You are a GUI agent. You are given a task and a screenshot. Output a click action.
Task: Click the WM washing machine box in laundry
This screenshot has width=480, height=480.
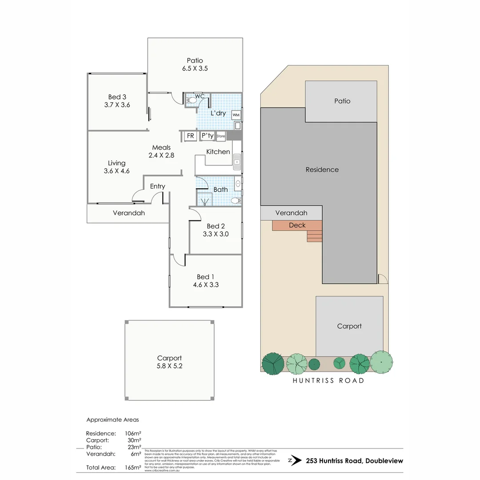pos(236,115)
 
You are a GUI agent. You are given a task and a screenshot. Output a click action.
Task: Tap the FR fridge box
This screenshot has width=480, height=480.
pos(190,136)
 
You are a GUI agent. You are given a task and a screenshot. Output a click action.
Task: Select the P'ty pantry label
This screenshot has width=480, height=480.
pos(207,136)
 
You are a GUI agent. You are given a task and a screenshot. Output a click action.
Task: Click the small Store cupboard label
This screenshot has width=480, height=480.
pos(221,136)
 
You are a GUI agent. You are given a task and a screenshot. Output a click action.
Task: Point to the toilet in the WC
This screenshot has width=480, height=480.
pos(191,101)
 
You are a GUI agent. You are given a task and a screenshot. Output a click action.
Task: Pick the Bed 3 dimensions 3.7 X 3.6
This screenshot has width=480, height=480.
pos(117,105)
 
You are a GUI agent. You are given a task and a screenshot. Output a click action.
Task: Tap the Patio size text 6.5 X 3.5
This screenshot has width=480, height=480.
pos(195,68)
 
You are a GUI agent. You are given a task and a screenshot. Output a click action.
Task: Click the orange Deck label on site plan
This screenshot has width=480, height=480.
pos(297,225)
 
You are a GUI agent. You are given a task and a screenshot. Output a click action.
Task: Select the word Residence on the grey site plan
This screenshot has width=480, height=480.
pos(322,169)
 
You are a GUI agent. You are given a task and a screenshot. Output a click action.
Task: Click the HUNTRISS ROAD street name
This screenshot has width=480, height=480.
pos(328,380)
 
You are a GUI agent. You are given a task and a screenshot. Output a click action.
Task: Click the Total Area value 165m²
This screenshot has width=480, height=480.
pos(133,468)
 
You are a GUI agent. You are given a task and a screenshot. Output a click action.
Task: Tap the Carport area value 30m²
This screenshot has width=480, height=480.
pos(134,440)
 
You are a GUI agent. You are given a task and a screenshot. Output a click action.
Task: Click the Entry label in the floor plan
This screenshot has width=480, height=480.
pos(157,186)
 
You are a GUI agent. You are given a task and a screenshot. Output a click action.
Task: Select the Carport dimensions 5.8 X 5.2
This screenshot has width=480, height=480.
pos(169,366)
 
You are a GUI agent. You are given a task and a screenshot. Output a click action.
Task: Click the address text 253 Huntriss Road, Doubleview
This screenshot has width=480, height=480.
pos(354,461)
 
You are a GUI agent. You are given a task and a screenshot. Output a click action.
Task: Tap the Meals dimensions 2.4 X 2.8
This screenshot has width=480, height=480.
pos(161,156)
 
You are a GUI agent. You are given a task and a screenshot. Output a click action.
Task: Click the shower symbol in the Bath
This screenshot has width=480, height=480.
pos(205,202)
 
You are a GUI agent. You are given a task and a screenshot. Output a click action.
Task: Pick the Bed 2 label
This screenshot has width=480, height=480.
pos(216,226)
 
